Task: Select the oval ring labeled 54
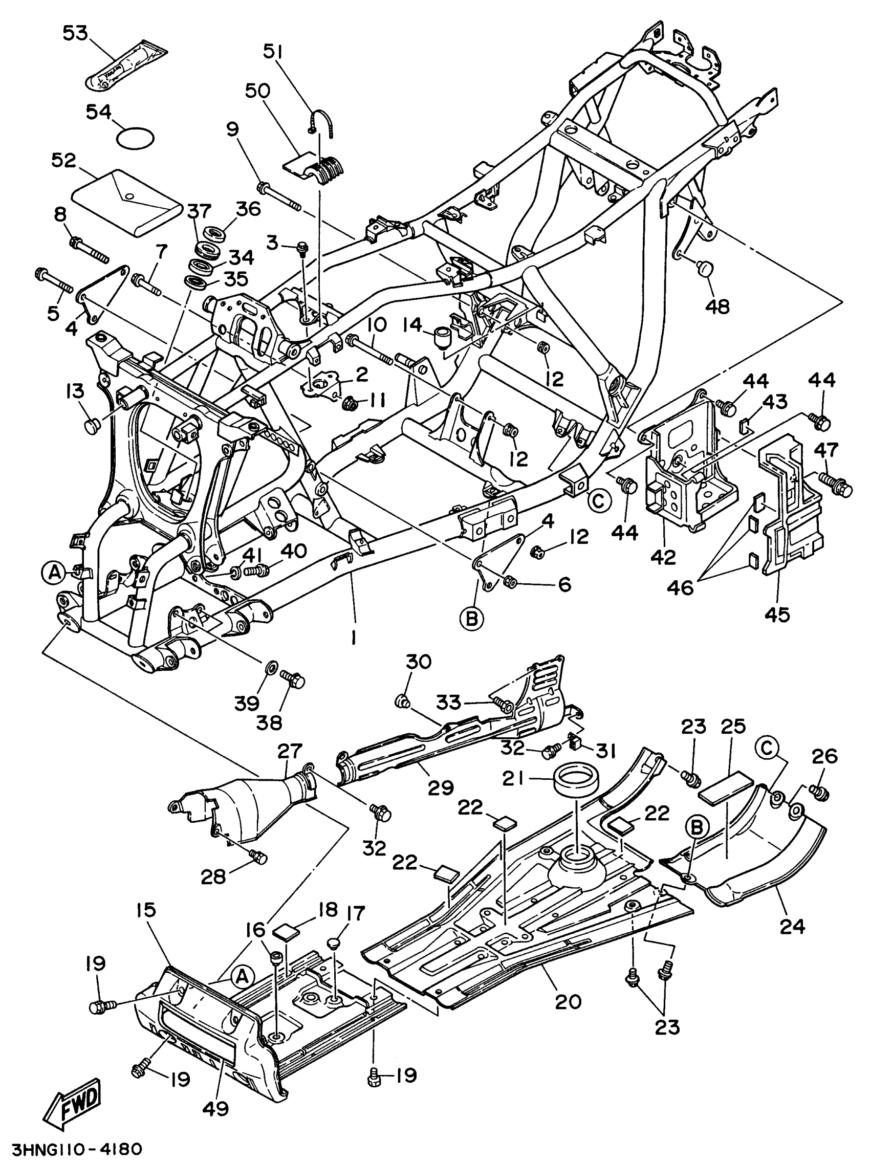pyautogui.click(x=135, y=138)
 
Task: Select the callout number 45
pyautogui.click(x=777, y=613)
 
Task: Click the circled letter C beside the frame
pyautogui.click(x=598, y=500)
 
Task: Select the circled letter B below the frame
pyautogui.click(x=471, y=619)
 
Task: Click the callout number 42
pyautogui.click(x=663, y=557)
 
